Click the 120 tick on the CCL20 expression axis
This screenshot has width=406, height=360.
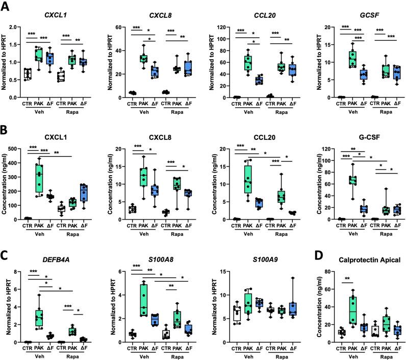(216, 27)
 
